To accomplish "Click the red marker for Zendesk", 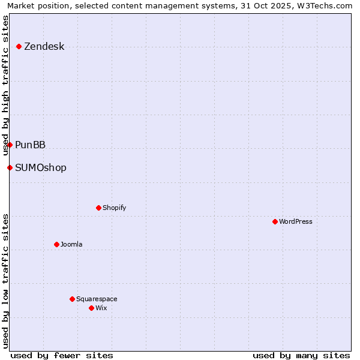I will (19, 46).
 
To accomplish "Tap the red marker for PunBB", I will (10, 145).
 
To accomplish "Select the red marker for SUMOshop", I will (10, 167).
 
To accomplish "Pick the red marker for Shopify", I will (98, 208).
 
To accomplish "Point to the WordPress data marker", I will (275, 221).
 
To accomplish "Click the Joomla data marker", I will (56, 244).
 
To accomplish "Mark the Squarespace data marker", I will (72, 299).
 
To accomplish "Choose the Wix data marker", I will (91, 308).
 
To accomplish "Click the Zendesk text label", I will (44, 47).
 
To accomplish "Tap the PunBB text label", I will (31, 145).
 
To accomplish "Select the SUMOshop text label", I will (41, 168).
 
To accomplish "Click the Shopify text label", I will (115, 208).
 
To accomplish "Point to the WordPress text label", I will (296, 221).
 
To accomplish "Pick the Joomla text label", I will (71, 244).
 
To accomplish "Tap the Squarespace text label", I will (97, 299).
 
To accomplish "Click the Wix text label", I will (101, 308).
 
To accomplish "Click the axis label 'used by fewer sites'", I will (62, 355).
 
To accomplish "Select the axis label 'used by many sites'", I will (301, 355).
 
